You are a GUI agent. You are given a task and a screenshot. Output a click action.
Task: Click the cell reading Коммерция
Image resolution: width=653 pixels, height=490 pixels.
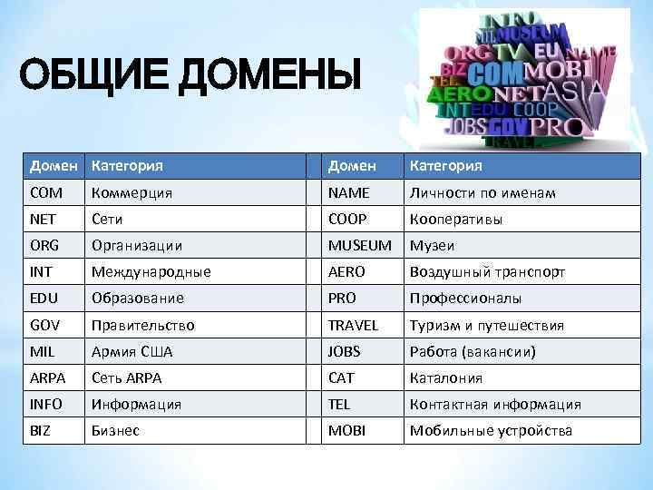[131, 193]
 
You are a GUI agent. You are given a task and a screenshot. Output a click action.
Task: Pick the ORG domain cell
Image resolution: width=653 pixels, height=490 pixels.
[44, 246]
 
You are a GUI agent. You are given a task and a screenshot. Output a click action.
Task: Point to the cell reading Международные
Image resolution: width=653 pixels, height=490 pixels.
[151, 272]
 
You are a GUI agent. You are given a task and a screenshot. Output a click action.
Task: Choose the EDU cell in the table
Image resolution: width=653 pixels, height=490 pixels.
[44, 299]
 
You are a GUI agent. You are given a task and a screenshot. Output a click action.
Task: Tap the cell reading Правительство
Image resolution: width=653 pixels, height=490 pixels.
[142, 325]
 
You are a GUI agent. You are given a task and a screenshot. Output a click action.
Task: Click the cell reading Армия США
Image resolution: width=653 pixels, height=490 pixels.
[132, 351]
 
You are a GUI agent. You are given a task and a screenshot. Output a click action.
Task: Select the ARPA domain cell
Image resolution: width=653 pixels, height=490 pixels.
[47, 377]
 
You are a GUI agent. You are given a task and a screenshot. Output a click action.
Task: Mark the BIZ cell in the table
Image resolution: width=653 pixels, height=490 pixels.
[41, 430]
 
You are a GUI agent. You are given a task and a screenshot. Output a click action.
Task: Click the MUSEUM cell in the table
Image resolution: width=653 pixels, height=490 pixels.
[360, 246]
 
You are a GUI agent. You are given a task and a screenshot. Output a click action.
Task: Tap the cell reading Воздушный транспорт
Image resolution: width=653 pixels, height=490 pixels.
[488, 272]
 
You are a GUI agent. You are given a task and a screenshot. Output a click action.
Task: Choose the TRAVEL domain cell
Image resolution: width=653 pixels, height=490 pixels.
[353, 325]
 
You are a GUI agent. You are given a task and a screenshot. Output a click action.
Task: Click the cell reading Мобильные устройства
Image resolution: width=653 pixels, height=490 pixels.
[491, 430]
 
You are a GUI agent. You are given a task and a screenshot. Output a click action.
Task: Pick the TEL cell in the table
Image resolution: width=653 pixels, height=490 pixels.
[339, 404]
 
